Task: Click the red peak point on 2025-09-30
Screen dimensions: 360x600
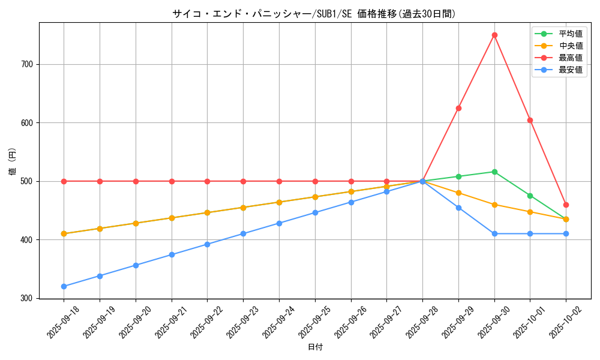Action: pyautogui.click(x=494, y=35)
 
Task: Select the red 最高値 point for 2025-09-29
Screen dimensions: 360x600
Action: pyautogui.click(x=458, y=108)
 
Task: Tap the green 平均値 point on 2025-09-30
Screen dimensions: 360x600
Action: pyautogui.click(x=494, y=172)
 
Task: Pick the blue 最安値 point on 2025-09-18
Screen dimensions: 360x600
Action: pyautogui.click(x=64, y=286)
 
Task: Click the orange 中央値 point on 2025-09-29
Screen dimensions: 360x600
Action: pyautogui.click(x=458, y=193)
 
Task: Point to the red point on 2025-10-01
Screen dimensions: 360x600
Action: pyautogui.click(x=530, y=120)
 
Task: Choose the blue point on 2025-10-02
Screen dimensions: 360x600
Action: pyautogui.click(x=566, y=233)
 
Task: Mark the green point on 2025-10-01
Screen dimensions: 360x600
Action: pyautogui.click(x=530, y=196)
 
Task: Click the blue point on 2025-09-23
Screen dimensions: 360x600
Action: pyautogui.click(x=243, y=233)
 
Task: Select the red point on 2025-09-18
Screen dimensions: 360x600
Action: pyautogui.click(x=64, y=181)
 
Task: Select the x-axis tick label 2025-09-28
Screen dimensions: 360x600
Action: pyautogui.click(x=414, y=321)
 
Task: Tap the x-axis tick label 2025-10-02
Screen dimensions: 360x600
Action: pyautogui.click(x=557, y=321)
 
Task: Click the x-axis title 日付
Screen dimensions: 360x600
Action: pyautogui.click(x=315, y=347)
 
